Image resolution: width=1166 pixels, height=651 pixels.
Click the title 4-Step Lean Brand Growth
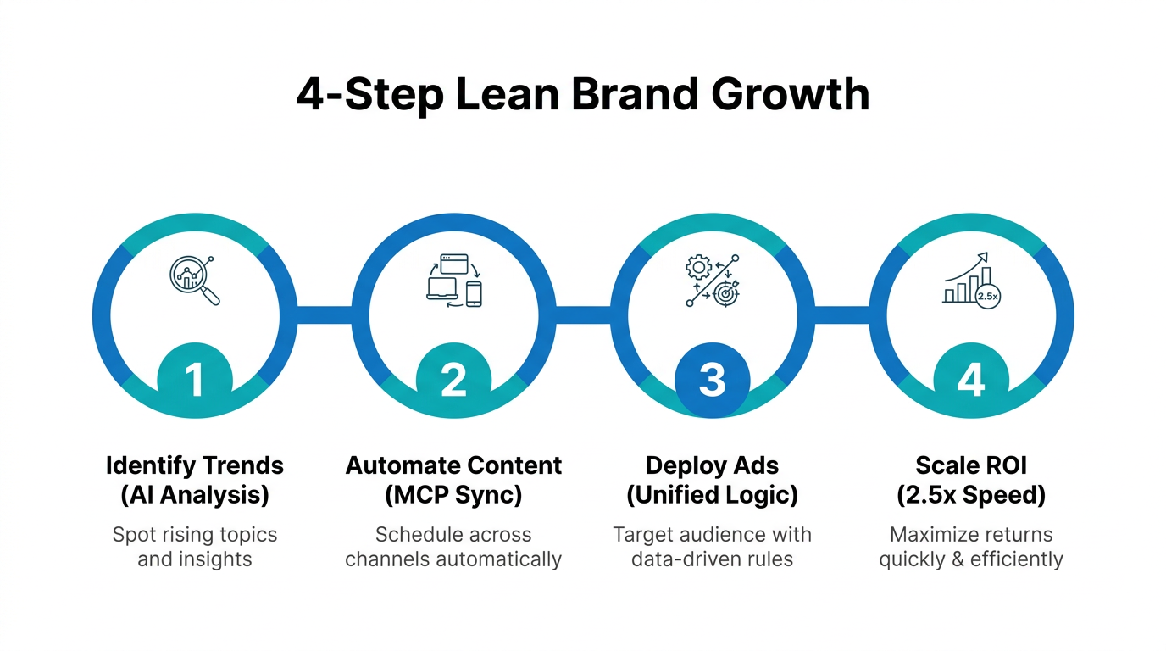tap(583, 94)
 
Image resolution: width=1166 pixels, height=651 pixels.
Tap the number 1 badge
tap(195, 380)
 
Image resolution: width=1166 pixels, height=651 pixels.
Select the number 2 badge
tap(453, 380)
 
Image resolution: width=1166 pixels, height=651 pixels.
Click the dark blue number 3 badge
tap(712, 380)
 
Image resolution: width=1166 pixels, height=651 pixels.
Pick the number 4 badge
tap(970, 380)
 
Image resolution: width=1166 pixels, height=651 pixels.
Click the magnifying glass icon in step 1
tap(195, 281)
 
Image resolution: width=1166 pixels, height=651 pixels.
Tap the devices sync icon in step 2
tap(453, 279)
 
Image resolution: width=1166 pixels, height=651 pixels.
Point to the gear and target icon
tap(712, 280)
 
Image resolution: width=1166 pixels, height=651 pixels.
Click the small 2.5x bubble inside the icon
tap(987, 297)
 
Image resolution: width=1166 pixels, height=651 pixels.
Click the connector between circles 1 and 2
tap(324, 315)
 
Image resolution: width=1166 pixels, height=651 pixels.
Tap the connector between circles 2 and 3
tap(583, 315)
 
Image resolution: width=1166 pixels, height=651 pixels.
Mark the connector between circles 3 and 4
tap(841, 315)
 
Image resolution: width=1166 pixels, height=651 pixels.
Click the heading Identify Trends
tap(195, 465)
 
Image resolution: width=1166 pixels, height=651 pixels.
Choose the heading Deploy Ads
tap(712, 465)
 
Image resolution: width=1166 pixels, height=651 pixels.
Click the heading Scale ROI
tap(970, 465)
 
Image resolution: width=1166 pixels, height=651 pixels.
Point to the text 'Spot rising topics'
tap(195, 535)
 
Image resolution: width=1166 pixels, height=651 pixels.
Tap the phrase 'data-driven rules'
tap(712, 559)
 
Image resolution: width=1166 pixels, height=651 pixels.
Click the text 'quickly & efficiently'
tap(970, 559)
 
